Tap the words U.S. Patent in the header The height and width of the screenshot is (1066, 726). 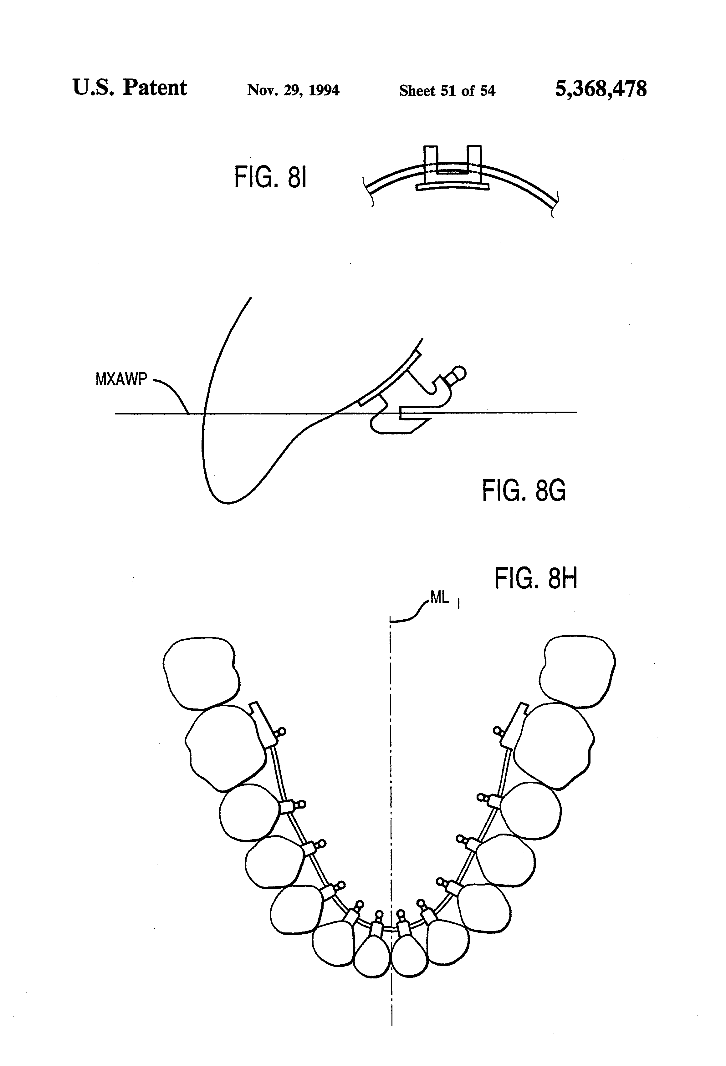[130, 87]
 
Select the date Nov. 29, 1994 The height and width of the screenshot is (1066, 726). [293, 90]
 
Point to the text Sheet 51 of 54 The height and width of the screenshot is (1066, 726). [447, 90]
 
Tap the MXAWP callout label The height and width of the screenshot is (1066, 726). [121, 379]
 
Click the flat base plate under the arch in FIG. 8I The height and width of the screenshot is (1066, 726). [452, 187]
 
